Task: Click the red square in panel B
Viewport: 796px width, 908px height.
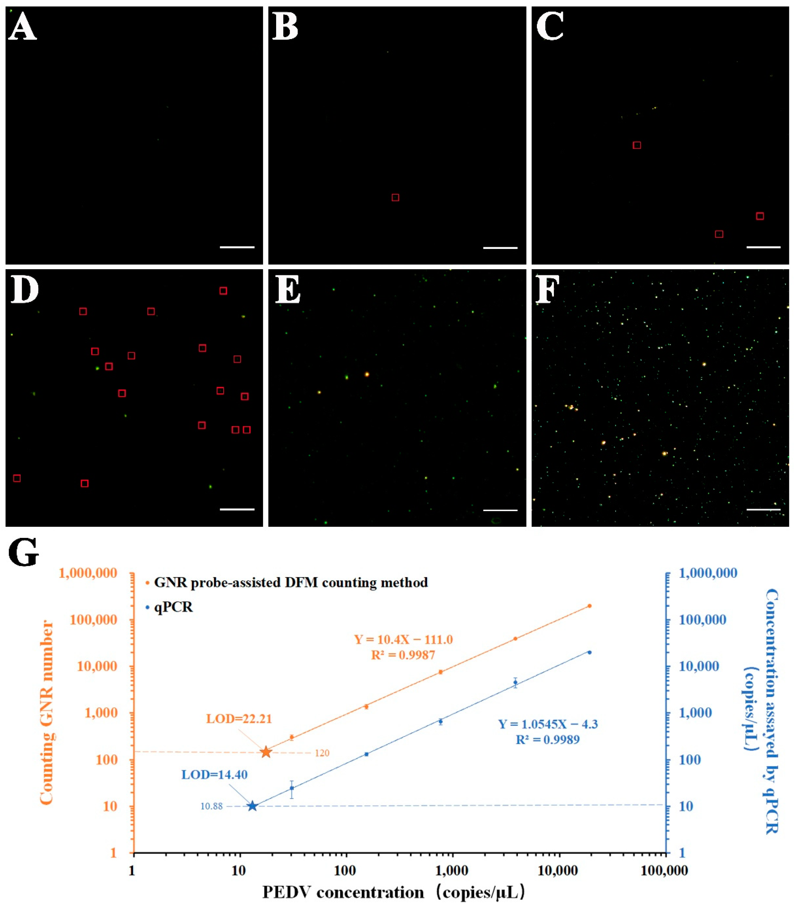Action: pos(395,198)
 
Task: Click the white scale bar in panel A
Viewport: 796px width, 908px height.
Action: pos(237,247)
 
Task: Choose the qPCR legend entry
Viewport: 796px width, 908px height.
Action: pos(173,607)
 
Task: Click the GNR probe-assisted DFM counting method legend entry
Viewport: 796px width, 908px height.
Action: pos(291,582)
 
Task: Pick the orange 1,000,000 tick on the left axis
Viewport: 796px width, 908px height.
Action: pos(94,573)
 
